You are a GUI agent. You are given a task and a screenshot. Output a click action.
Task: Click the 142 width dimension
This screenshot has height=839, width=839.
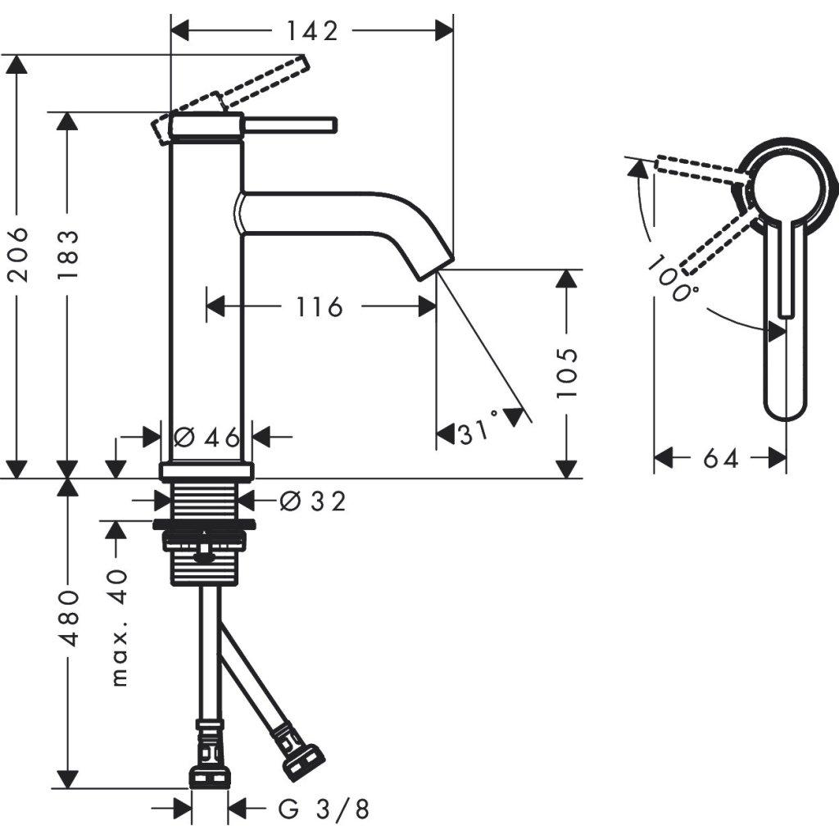click(x=312, y=31)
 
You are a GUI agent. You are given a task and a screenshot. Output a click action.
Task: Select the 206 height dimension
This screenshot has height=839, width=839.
click(x=18, y=254)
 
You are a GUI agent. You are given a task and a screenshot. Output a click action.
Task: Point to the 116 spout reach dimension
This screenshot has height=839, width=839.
click(x=319, y=307)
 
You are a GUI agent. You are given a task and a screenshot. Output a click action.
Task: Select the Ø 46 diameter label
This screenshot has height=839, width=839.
click(x=206, y=437)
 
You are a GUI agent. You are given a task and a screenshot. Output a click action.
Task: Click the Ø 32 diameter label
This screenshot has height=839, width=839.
click(x=312, y=500)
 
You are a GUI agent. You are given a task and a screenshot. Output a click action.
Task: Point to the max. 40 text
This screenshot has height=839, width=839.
click(x=120, y=627)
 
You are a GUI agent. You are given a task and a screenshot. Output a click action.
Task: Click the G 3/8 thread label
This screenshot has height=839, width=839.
click(x=324, y=810)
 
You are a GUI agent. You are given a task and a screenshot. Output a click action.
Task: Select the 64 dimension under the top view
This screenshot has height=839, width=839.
click(x=720, y=458)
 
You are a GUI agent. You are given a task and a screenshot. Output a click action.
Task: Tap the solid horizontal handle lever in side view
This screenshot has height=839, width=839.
click(x=291, y=124)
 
